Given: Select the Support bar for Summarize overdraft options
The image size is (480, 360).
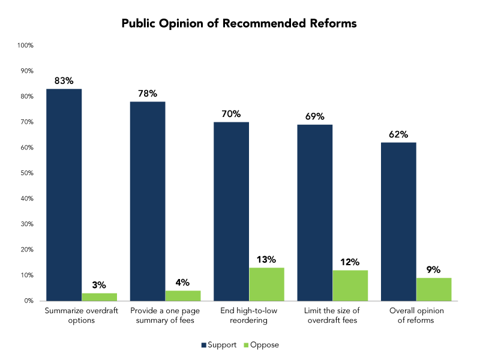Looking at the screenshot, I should (x=64, y=195).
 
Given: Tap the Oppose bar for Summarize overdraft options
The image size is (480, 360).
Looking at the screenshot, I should (x=99, y=297).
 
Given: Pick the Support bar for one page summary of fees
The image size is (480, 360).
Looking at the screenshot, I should (x=148, y=201).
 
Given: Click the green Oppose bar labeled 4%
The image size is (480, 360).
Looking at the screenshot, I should (x=183, y=296).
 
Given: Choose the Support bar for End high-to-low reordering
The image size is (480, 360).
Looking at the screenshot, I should (x=231, y=211).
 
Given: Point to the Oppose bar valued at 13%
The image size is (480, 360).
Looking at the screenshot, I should (x=266, y=284).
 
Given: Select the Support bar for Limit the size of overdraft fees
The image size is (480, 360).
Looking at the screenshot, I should (x=315, y=212).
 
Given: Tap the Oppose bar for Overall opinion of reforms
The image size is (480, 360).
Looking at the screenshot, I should (x=434, y=289).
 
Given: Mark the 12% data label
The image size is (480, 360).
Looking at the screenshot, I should (x=350, y=262).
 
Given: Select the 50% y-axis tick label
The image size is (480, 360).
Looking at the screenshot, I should (x=26, y=173).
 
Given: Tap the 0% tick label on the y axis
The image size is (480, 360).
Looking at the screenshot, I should (x=28, y=301).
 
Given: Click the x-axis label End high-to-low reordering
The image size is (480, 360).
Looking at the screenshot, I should (x=248, y=316).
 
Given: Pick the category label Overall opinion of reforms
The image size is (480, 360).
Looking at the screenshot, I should (x=416, y=316).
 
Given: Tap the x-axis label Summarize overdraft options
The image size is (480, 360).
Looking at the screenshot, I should (x=81, y=316).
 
